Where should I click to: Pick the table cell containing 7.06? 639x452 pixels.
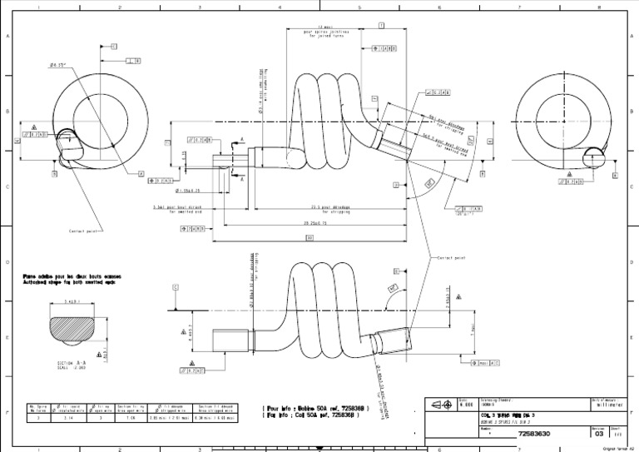coord(125,420)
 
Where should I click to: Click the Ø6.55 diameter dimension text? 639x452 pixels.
coord(57,64)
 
